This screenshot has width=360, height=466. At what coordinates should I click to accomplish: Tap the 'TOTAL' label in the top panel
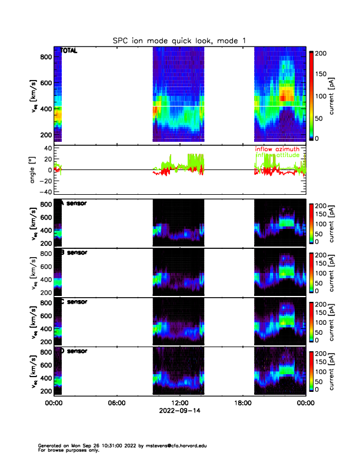pos(69,51)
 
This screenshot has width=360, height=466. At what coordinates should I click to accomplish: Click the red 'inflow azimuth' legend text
pos(276,149)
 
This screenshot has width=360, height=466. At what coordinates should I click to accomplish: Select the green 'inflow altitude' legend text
pos(276,155)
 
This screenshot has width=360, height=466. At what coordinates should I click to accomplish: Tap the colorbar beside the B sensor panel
pos(312,271)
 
